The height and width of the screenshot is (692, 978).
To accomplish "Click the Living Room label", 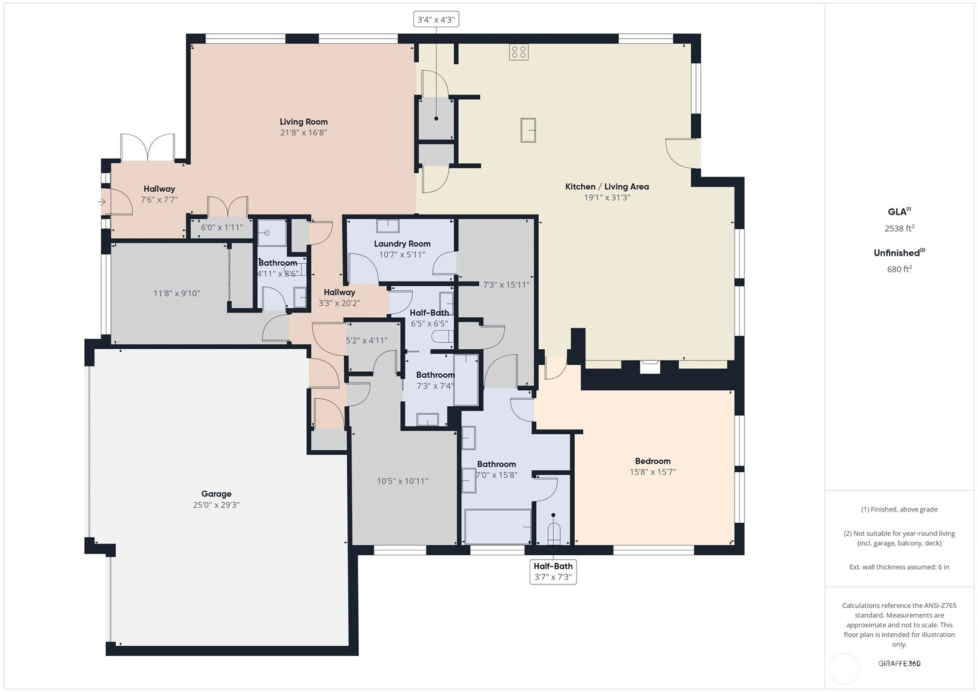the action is point(303,122).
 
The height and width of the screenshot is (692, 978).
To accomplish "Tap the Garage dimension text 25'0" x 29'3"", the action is point(216,504).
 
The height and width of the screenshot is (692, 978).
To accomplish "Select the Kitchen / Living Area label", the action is point(607,187).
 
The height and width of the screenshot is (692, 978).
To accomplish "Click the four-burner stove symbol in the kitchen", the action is point(518,52).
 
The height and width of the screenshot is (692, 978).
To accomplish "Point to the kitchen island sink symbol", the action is point(528,129).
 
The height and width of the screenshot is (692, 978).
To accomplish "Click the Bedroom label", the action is point(653,461).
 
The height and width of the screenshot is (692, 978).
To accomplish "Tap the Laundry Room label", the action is point(402,244).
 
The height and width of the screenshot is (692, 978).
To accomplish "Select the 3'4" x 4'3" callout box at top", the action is point(436,19).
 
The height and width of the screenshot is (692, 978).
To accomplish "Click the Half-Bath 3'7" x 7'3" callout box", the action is point(553,571).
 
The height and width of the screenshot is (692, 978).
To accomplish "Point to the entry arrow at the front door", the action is point(102,202).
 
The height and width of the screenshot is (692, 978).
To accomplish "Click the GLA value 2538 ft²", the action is point(900,228).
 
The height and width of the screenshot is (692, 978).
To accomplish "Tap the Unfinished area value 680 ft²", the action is point(900,269).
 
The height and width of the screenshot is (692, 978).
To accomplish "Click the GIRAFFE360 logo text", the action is point(900,663).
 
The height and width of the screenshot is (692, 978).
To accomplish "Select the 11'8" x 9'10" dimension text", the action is point(176,293).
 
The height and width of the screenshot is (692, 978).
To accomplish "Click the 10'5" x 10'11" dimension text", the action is point(402,481).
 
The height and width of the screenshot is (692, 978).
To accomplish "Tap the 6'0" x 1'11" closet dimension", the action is point(222,227).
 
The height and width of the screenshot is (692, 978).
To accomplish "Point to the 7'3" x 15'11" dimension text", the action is point(506,285).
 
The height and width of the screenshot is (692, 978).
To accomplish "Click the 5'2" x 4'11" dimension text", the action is point(367,340).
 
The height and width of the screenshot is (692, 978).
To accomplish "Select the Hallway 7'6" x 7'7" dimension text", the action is point(159,200).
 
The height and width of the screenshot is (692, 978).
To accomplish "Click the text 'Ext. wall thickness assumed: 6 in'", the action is point(900,567).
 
